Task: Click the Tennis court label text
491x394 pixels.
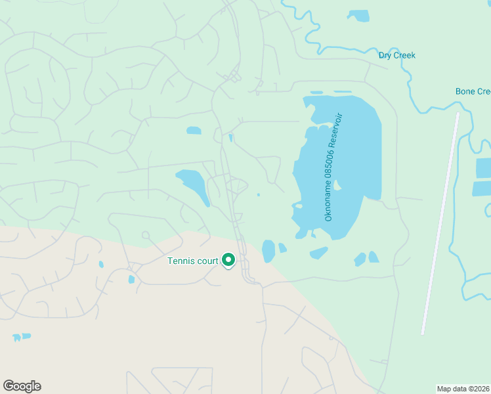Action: pos(192,261)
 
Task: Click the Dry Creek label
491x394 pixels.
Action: pos(397,55)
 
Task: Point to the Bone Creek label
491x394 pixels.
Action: pos(473,91)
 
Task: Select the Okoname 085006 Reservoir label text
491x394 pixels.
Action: pos(334,167)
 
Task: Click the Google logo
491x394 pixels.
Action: pos(22,386)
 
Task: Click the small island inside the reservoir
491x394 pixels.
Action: pos(337,186)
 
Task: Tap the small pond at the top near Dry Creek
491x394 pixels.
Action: pos(358,15)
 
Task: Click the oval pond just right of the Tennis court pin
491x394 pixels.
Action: pos(268,250)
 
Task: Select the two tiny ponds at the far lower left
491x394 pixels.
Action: pos(21,337)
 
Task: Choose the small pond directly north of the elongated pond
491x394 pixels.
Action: pos(194,131)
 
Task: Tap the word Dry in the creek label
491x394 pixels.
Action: pos(385,55)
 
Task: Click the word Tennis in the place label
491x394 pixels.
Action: pos(181,261)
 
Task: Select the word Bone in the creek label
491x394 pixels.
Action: pos(466,91)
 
